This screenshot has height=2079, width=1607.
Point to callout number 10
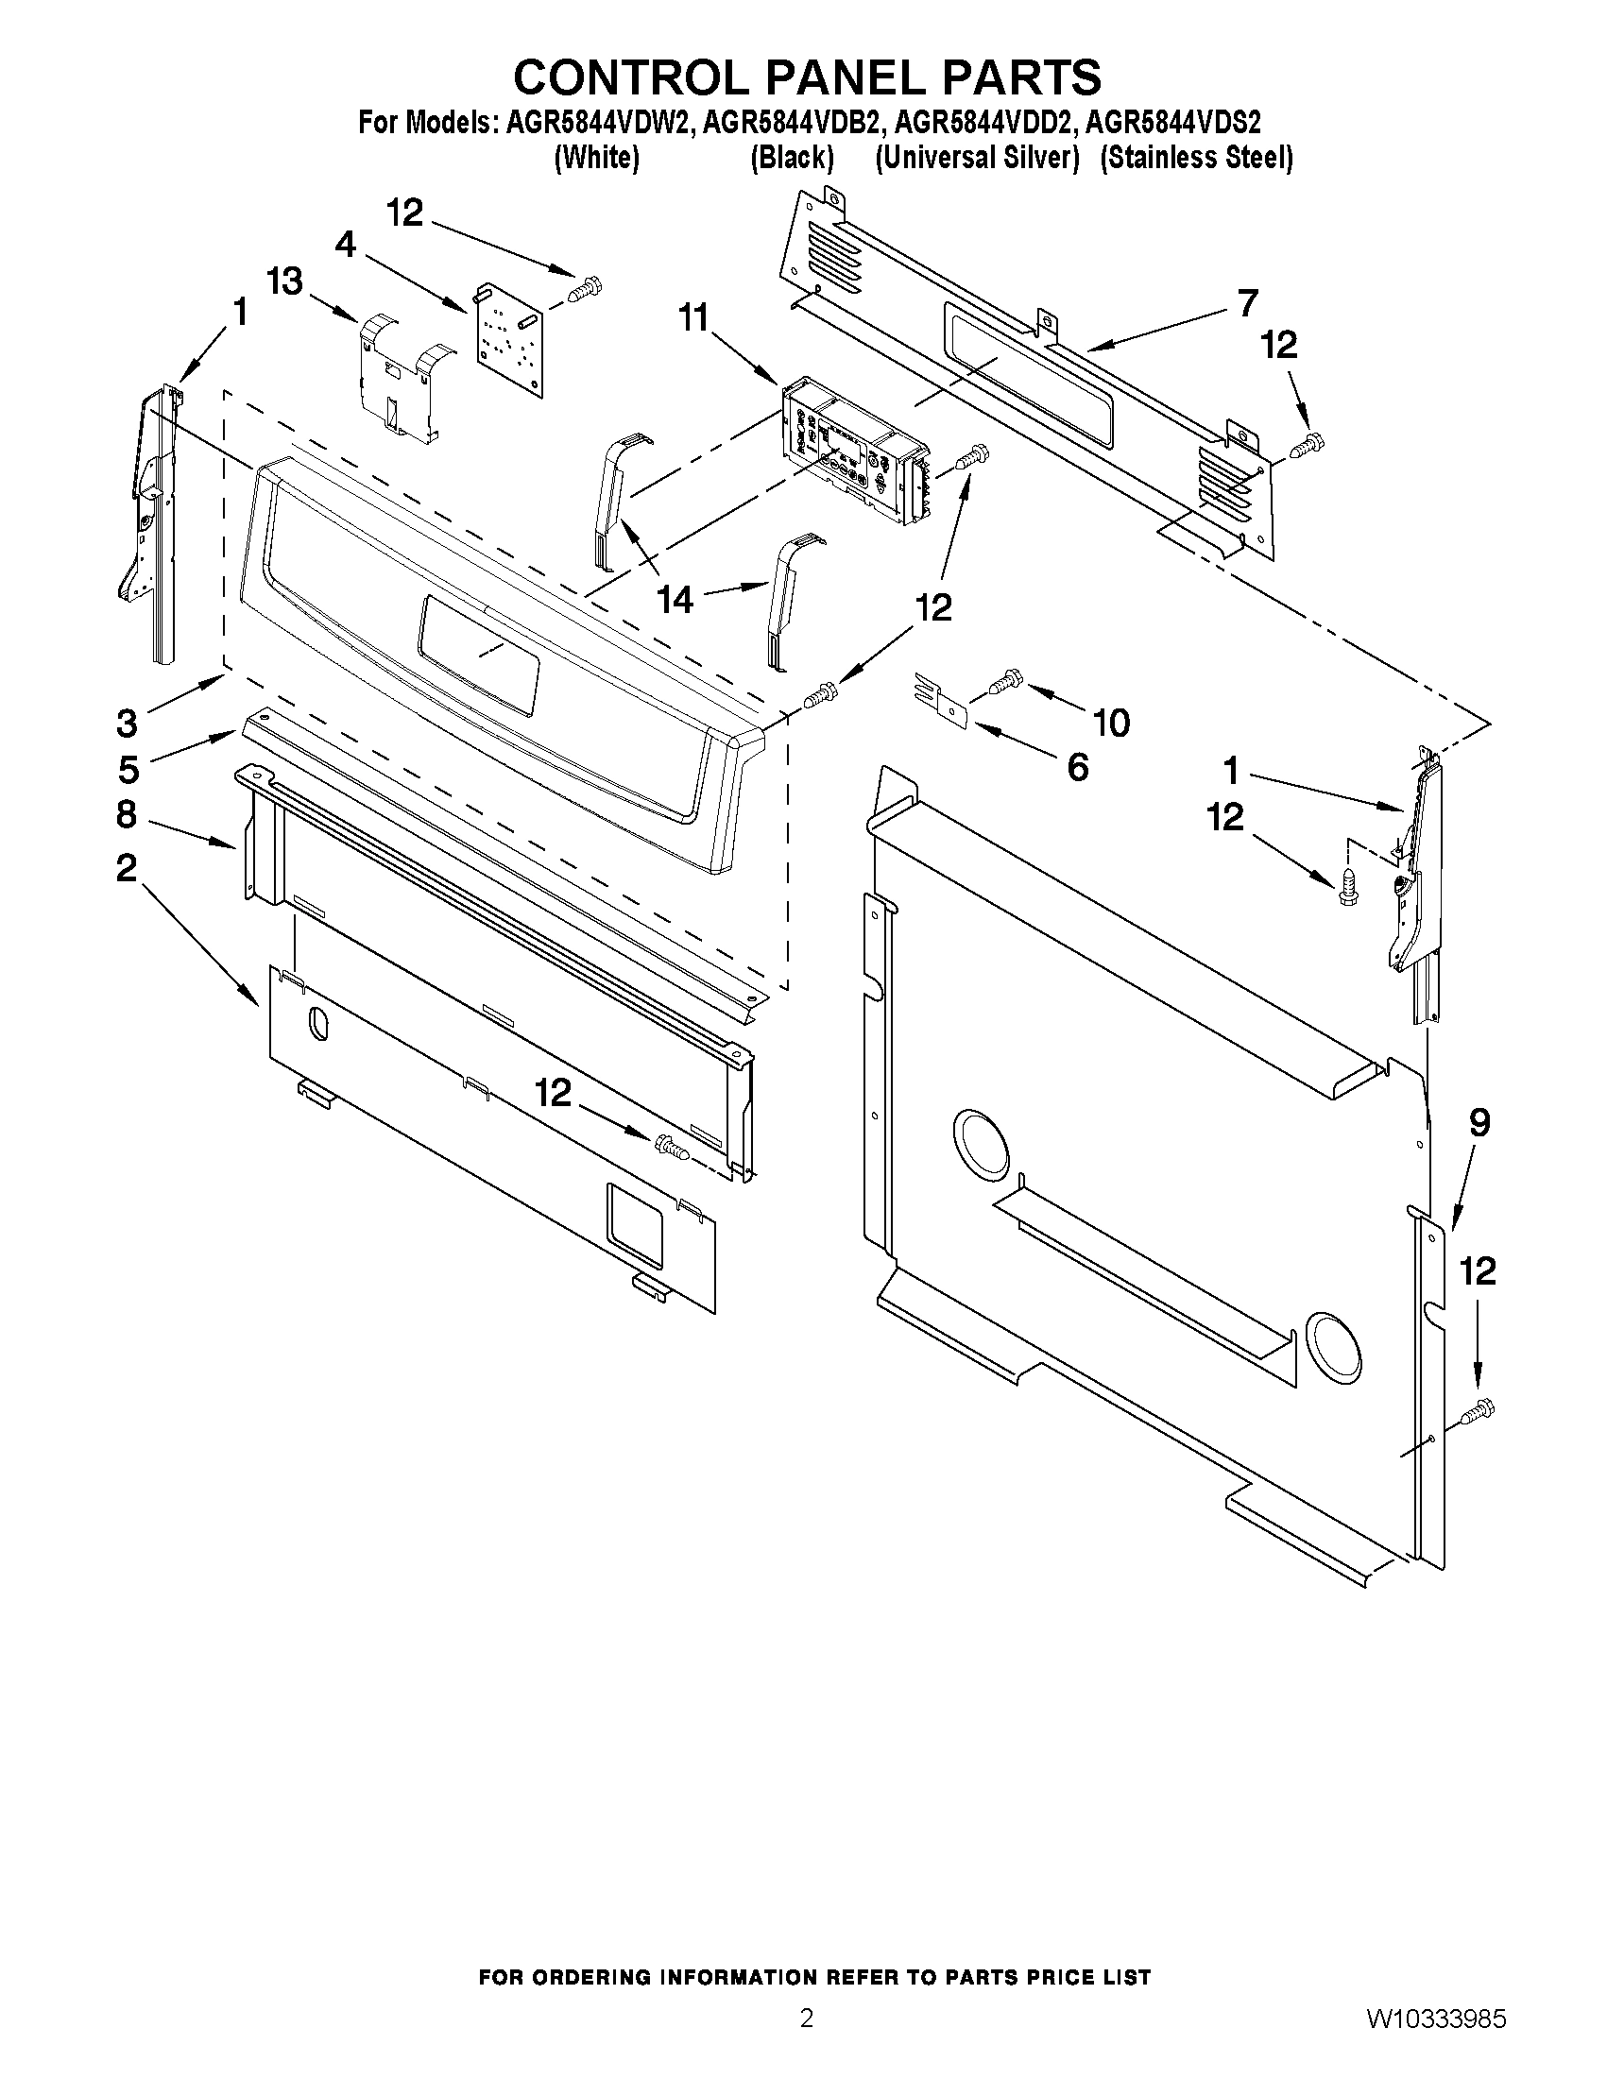pyautogui.click(x=1111, y=723)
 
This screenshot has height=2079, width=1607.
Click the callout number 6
pyautogui.click(x=1077, y=766)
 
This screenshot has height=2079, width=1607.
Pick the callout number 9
pyautogui.click(x=1479, y=1123)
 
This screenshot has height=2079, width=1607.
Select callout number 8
pyautogui.click(x=127, y=815)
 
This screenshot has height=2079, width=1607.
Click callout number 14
pyautogui.click(x=675, y=600)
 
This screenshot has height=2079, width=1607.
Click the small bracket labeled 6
pyautogui.click(x=944, y=701)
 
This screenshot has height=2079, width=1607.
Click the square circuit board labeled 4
pyautogui.click(x=509, y=338)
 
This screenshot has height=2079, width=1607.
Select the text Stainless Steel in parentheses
pyautogui.click(x=1196, y=158)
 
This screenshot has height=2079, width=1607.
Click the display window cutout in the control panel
pyautogui.click(x=479, y=654)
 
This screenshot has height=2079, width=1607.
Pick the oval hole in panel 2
pyautogui.click(x=316, y=1026)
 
